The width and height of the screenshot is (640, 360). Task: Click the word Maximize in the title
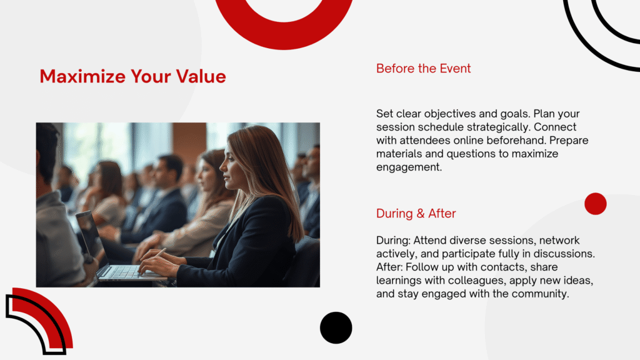pyautogui.click(x=82, y=76)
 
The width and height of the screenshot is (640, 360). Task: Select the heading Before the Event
pyautogui.click(x=423, y=68)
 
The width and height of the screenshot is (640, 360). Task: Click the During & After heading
pyautogui.click(x=416, y=214)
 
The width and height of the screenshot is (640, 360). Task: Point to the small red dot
pyautogui.click(x=596, y=204)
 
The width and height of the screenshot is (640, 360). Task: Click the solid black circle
pyautogui.click(x=336, y=327)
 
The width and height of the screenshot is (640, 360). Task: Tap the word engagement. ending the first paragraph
pyautogui.click(x=409, y=167)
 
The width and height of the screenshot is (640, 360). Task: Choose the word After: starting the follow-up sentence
pyautogui.click(x=389, y=267)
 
